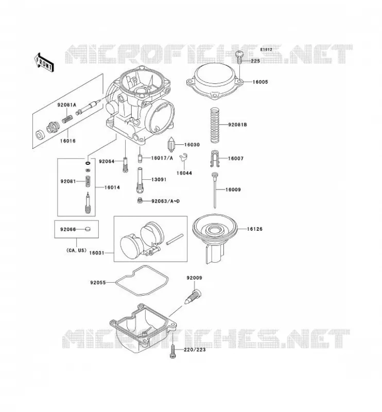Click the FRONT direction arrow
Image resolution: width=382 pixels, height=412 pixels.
[x=44, y=62]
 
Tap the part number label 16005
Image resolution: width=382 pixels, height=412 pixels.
[x=260, y=82]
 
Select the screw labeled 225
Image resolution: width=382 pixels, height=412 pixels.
[x=239, y=57]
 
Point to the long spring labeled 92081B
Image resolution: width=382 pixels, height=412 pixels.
[x=215, y=125]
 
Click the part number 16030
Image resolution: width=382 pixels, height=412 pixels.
[x=192, y=145]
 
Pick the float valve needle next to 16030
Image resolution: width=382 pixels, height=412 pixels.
[x=171, y=145]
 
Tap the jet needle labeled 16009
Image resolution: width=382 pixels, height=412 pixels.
[x=215, y=190]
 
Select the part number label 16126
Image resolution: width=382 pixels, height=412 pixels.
[x=254, y=229]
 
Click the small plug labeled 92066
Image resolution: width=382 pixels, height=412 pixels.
[x=88, y=229]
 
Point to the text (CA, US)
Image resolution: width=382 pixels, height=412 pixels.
[x=76, y=250]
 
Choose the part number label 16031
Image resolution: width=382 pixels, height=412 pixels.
[x=97, y=253]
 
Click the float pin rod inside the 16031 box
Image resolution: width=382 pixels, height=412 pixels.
[x=175, y=239]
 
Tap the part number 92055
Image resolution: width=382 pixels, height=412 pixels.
[x=98, y=283]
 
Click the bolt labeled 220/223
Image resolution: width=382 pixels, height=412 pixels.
[x=172, y=352]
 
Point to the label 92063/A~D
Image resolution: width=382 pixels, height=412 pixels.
[x=165, y=201]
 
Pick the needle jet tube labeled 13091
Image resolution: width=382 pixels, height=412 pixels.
[x=140, y=181]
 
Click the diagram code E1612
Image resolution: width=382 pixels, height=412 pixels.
[x=266, y=49]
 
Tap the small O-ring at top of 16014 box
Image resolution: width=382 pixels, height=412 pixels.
[x=88, y=163]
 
